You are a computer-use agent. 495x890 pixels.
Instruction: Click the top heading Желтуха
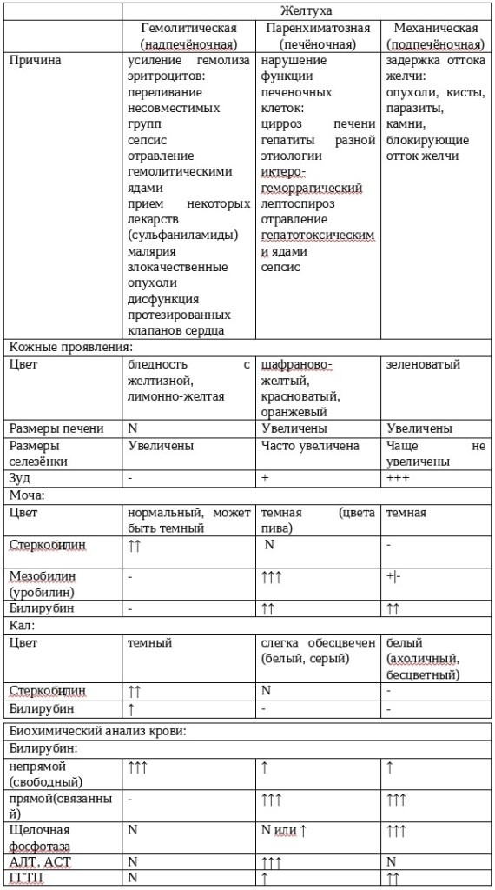click(307, 10)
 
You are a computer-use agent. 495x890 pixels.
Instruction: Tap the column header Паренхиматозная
click(320, 29)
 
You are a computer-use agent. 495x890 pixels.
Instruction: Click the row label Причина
click(33, 61)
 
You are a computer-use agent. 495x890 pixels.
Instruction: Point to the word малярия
click(149, 249)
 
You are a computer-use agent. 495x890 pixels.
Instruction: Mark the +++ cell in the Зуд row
click(397, 477)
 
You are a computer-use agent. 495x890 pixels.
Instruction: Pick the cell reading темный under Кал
click(149, 642)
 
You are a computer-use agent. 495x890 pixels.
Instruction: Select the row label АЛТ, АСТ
click(40, 861)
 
